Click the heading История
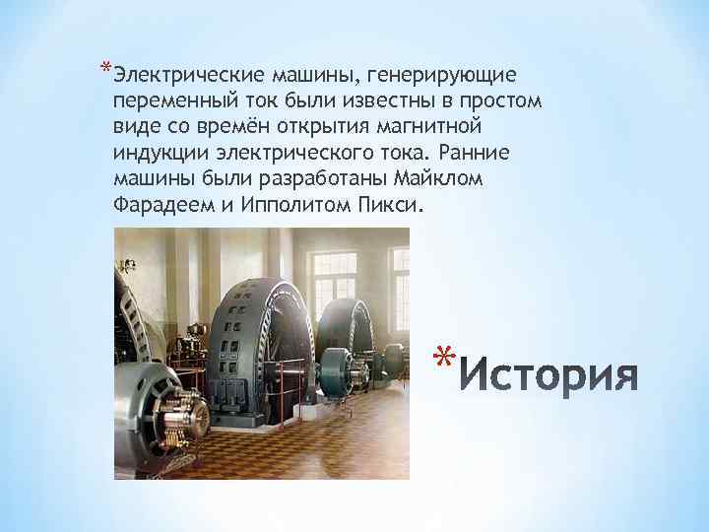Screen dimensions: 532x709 coord(549,376)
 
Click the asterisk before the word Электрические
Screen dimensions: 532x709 coord(104,68)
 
